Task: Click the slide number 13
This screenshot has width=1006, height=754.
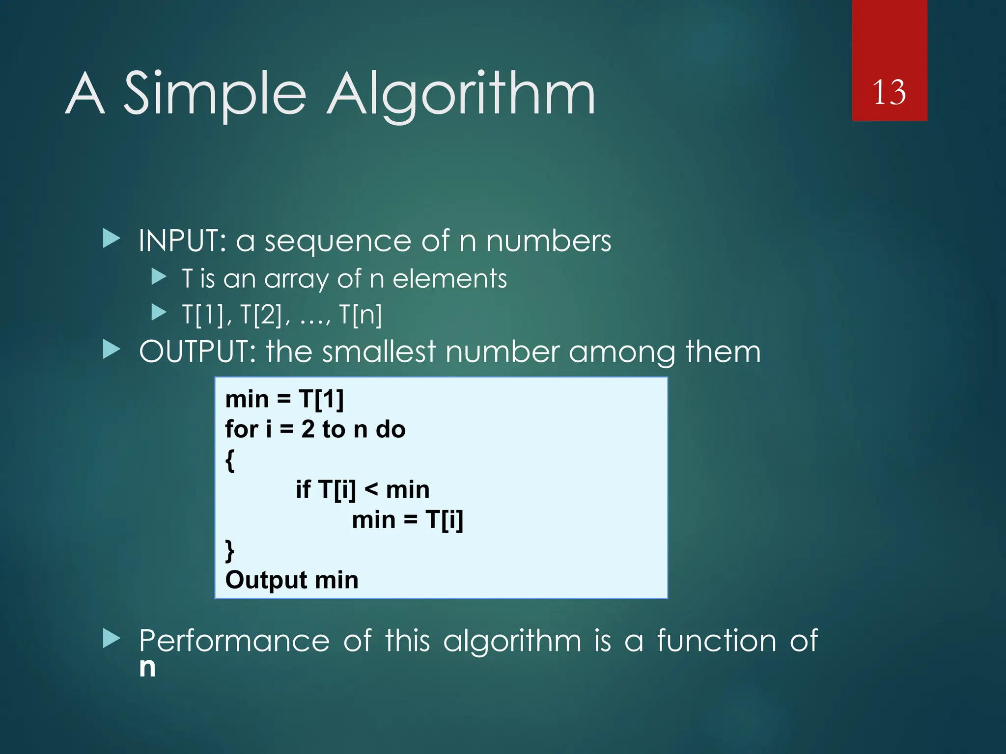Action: click(x=889, y=92)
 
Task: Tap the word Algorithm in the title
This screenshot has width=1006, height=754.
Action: click(x=461, y=94)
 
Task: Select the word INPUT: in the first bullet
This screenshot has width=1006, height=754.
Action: click(x=182, y=241)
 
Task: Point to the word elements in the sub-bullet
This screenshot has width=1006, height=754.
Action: click(x=449, y=279)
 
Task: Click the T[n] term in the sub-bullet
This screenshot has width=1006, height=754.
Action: click(x=360, y=315)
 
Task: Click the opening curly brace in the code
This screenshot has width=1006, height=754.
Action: click(x=230, y=460)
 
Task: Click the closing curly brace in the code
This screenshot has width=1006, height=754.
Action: click(x=230, y=550)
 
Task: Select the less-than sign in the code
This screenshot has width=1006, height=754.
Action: click(x=371, y=489)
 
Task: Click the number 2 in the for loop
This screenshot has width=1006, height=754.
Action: click(x=308, y=429)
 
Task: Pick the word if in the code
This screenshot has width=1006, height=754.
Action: click(x=303, y=489)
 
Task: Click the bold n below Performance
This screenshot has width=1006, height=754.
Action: click(x=147, y=668)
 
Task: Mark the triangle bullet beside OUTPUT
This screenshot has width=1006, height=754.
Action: click(x=112, y=350)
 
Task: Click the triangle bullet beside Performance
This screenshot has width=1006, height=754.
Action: click(x=112, y=639)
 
